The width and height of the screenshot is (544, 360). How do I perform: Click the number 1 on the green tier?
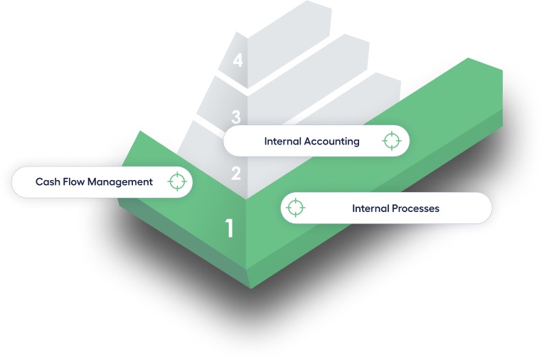pos(229,228)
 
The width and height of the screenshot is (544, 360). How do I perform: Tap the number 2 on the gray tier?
pos(236,173)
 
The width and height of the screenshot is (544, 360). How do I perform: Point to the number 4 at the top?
pos(238,60)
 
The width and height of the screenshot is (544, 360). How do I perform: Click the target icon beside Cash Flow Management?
pos(178,181)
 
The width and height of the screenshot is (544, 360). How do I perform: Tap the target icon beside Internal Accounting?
pos(391,141)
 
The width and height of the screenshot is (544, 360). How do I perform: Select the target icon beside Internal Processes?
pos(295,208)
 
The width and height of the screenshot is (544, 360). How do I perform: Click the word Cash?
pos(47,182)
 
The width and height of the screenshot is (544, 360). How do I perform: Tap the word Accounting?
pos(331,141)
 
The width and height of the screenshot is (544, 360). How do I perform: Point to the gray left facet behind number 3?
pos(217,107)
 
